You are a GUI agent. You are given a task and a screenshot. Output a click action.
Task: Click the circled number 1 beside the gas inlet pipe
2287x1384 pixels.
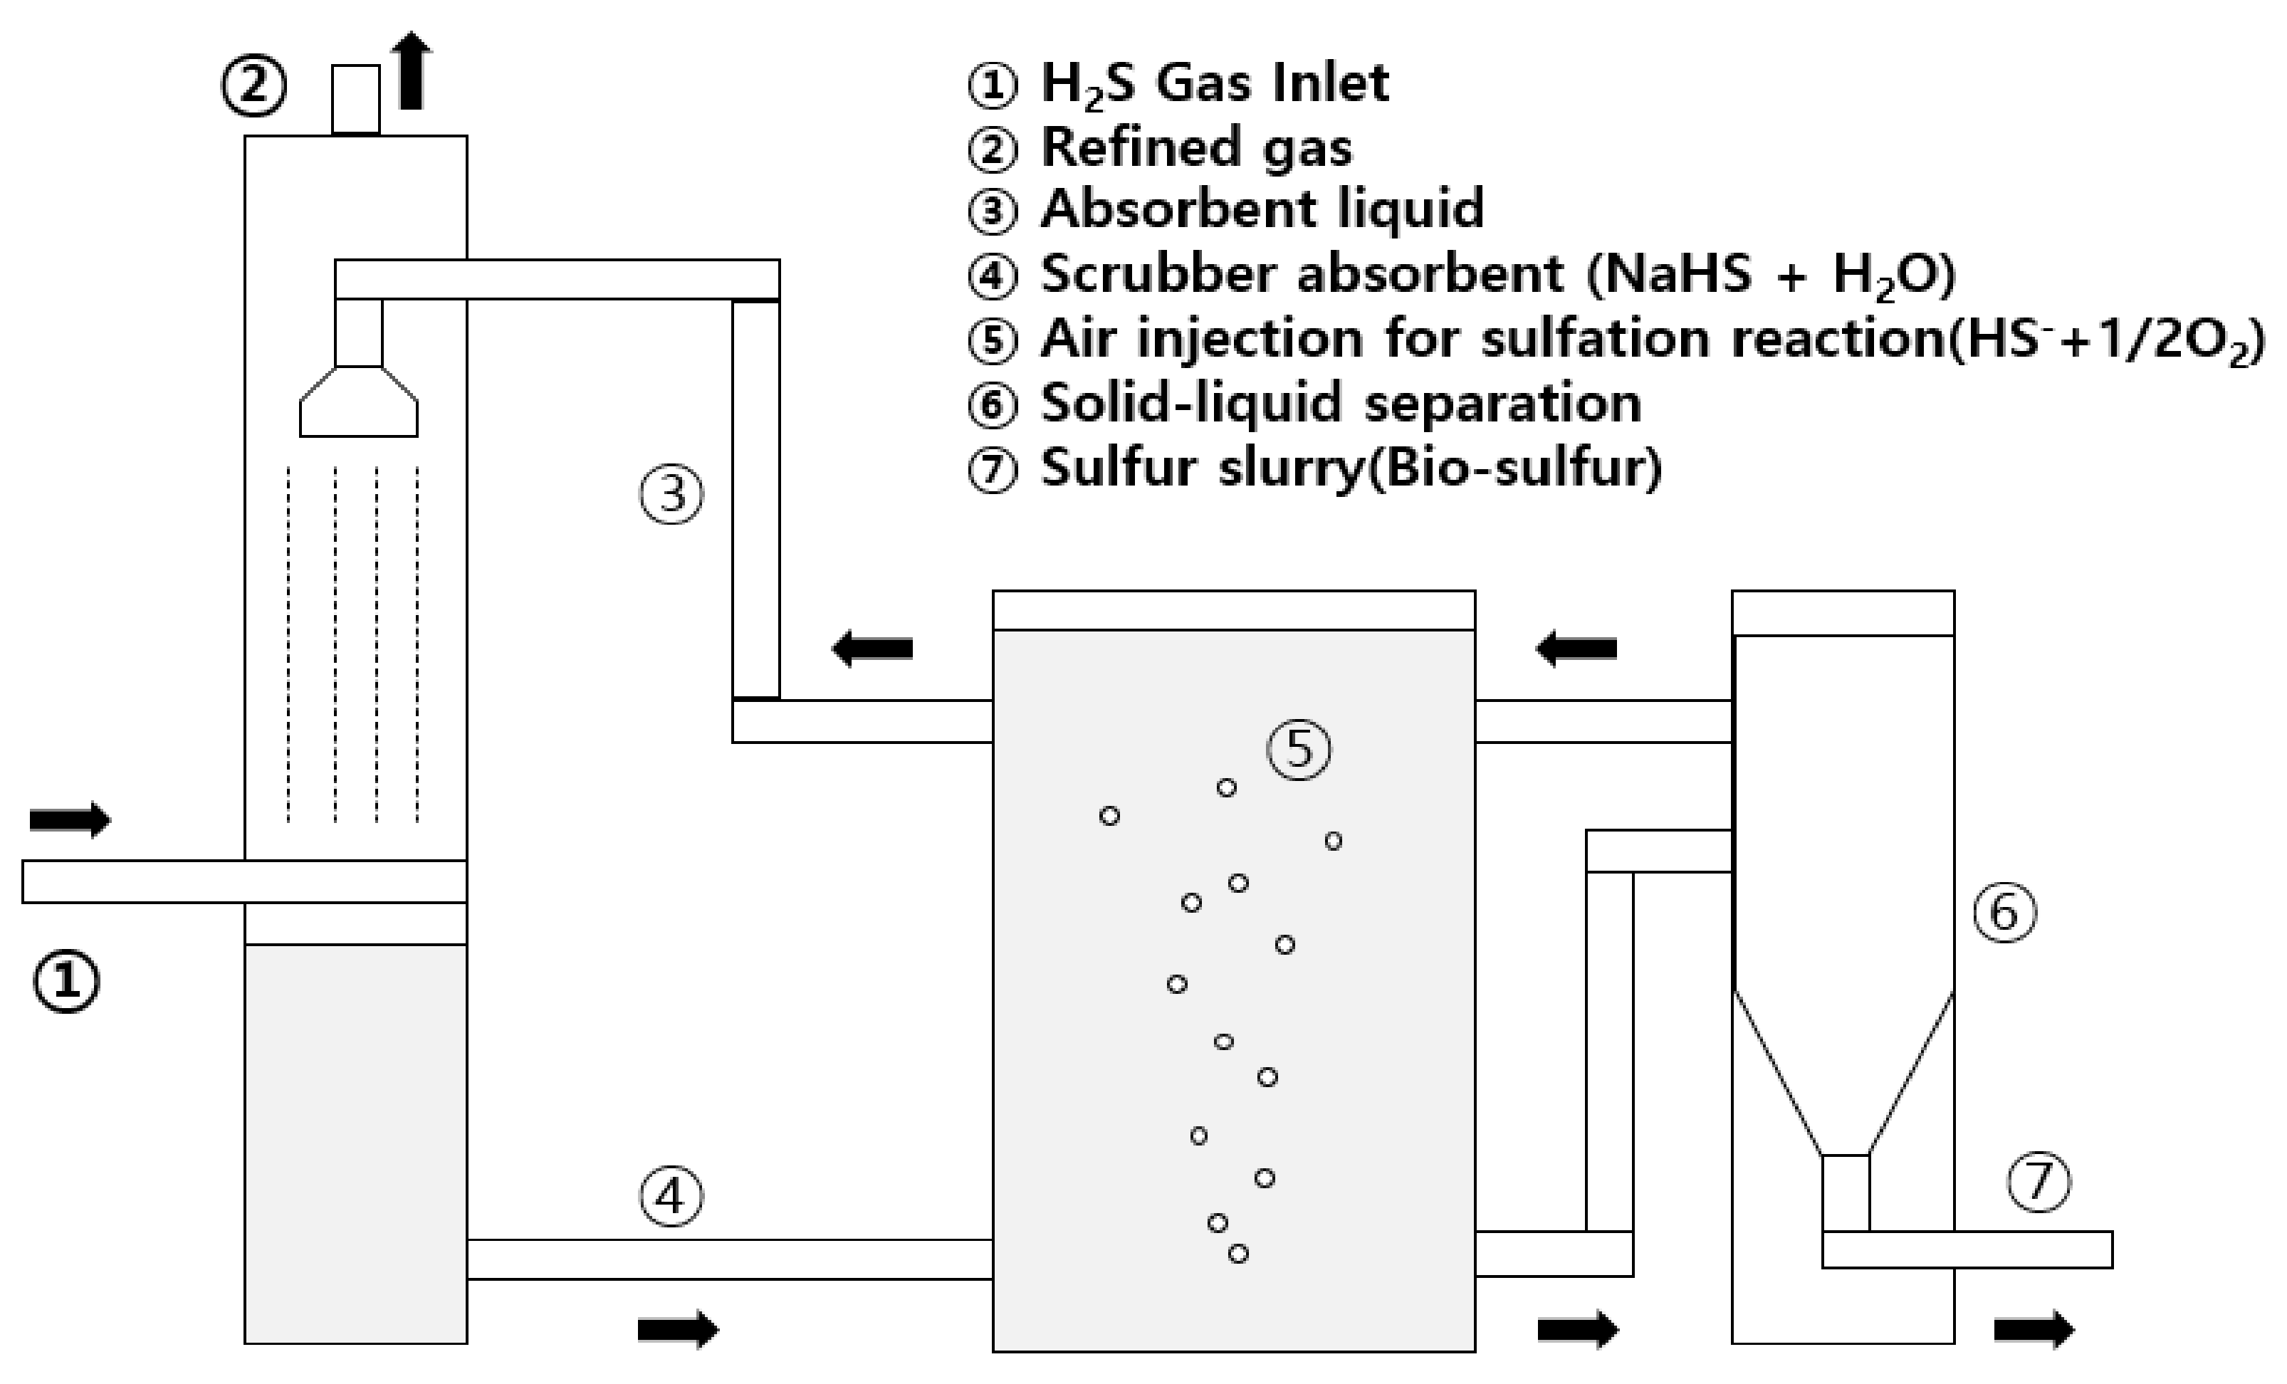click(x=66, y=982)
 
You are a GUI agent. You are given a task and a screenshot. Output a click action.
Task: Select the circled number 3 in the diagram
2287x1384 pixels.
click(x=671, y=494)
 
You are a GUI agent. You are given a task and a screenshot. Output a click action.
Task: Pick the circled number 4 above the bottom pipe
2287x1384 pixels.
click(x=671, y=1195)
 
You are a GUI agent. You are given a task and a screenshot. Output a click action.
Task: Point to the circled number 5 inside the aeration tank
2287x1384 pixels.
click(x=1299, y=748)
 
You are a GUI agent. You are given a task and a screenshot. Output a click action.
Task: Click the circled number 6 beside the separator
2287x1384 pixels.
click(x=2004, y=913)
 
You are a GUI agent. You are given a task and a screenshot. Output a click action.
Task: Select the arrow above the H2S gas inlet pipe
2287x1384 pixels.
click(x=70, y=819)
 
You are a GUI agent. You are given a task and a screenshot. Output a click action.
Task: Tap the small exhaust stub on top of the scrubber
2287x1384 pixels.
click(x=357, y=100)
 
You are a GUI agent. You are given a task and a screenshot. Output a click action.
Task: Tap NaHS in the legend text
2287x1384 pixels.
click(x=1678, y=274)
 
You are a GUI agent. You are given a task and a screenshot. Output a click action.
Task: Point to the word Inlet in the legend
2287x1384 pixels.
click(x=1331, y=83)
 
